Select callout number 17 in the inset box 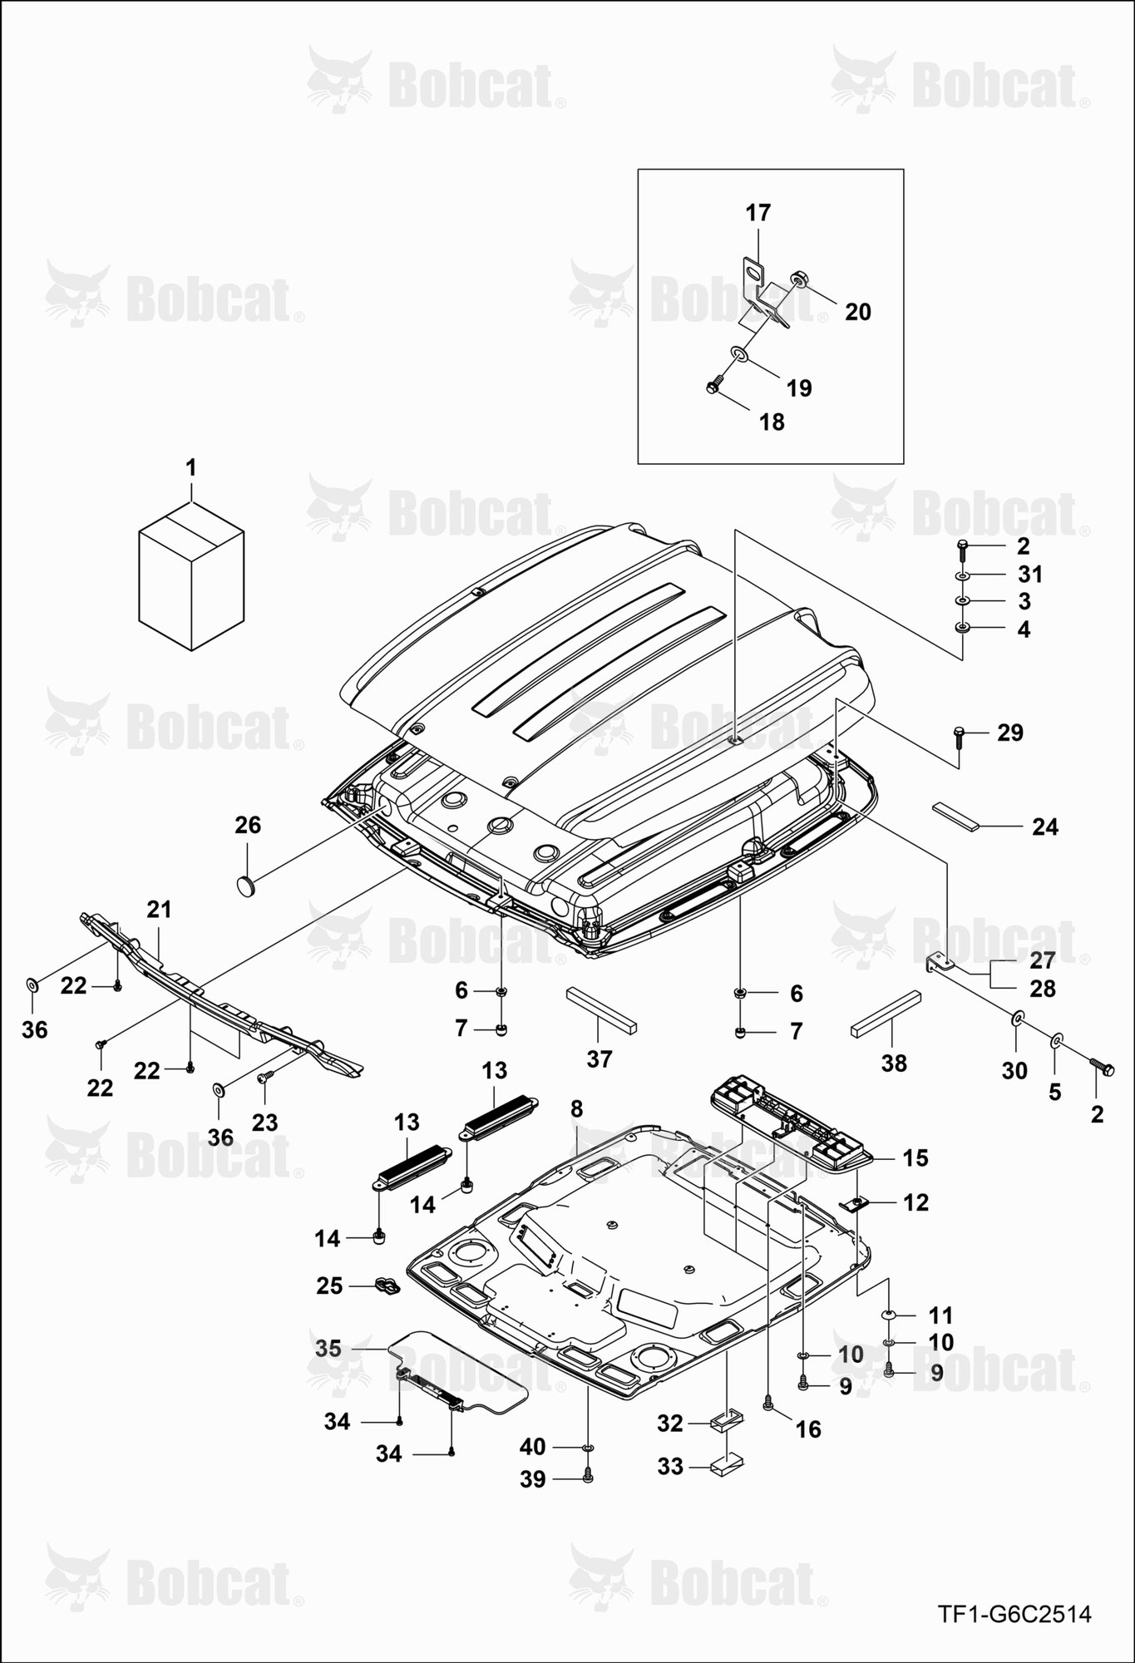pyautogui.click(x=758, y=213)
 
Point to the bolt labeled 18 pyautogui.click(x=713, y=387)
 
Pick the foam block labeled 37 pyautogui.click(x=601, y=1010)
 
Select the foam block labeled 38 pyautogui.click(x=886, y=1014)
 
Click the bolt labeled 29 pyautogui.click(x=959, y=736)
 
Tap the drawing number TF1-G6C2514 pyautogui.click(x=1014, y=1616)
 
